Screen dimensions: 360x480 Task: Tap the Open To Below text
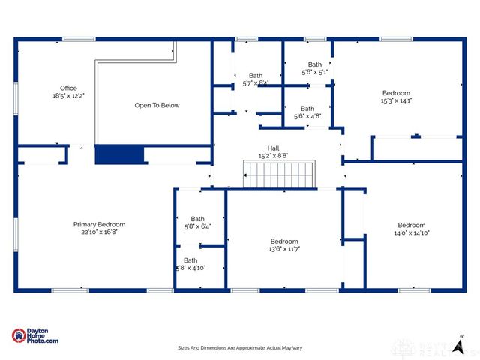pos(157,106)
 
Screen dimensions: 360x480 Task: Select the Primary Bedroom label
pos(99,225)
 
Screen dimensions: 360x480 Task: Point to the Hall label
pos(273,148)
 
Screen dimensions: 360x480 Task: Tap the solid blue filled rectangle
pos(119,154)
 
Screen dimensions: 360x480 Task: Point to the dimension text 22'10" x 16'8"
pos(99,232)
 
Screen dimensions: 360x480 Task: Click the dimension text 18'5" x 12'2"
pos(68,96)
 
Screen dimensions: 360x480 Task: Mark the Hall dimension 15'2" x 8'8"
pos(273,156)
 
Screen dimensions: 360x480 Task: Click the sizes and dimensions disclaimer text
pos(239,348)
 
